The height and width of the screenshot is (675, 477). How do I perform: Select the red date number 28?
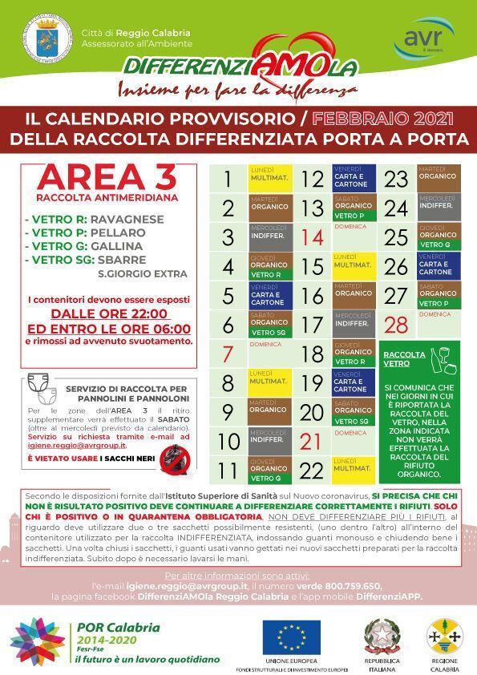pyautogui.click(x=396, y=325)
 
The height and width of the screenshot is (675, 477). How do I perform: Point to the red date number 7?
pyautogui.click(x=227, y=354)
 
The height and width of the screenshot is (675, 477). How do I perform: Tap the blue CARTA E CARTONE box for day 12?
pyautogui.click(x=351, y=179)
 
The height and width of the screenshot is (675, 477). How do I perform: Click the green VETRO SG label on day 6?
pyautogui.click(x=269, y=332)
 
